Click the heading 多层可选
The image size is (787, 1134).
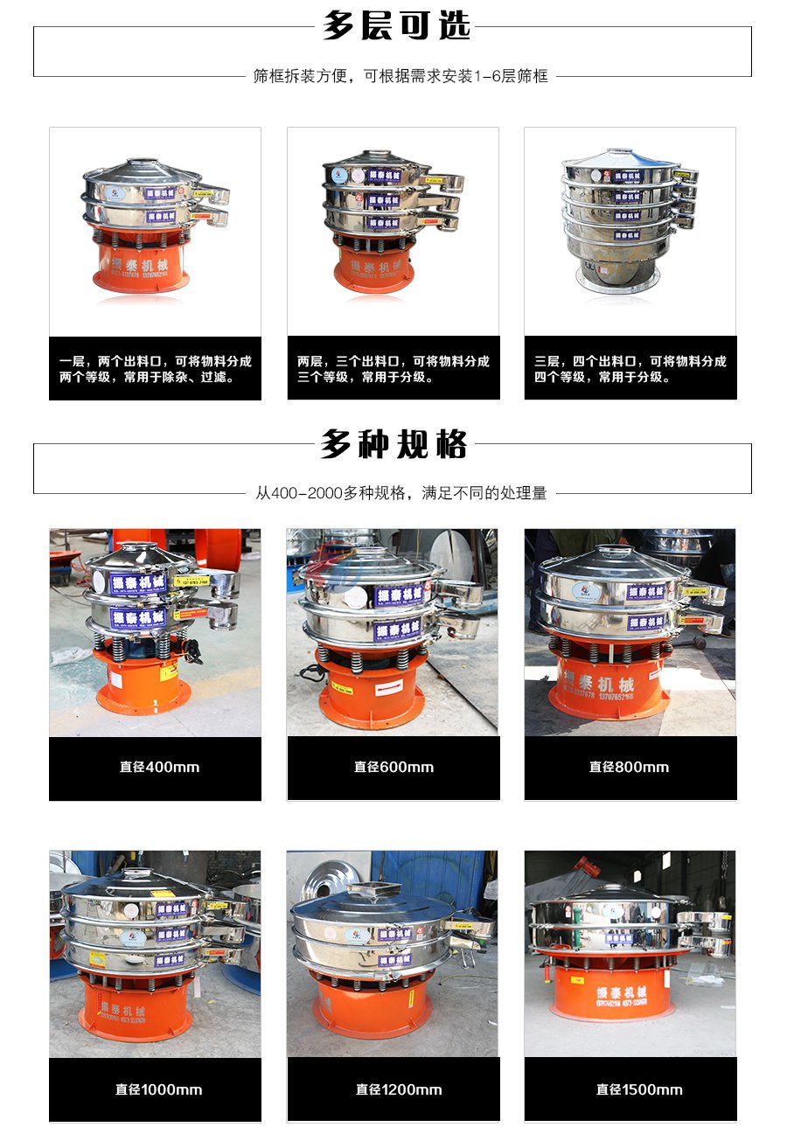[396, 26]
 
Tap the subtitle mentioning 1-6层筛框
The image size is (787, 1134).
[400, 76]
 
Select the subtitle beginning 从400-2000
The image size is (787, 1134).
[400, 493]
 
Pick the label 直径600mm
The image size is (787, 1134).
[393, 768]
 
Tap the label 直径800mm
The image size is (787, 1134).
[629, 768]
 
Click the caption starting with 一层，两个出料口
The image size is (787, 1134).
[155, 369]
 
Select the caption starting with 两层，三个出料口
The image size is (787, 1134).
[393, 369]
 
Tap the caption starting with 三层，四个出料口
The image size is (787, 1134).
[630, 369]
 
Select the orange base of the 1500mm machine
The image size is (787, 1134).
[611, 988]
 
